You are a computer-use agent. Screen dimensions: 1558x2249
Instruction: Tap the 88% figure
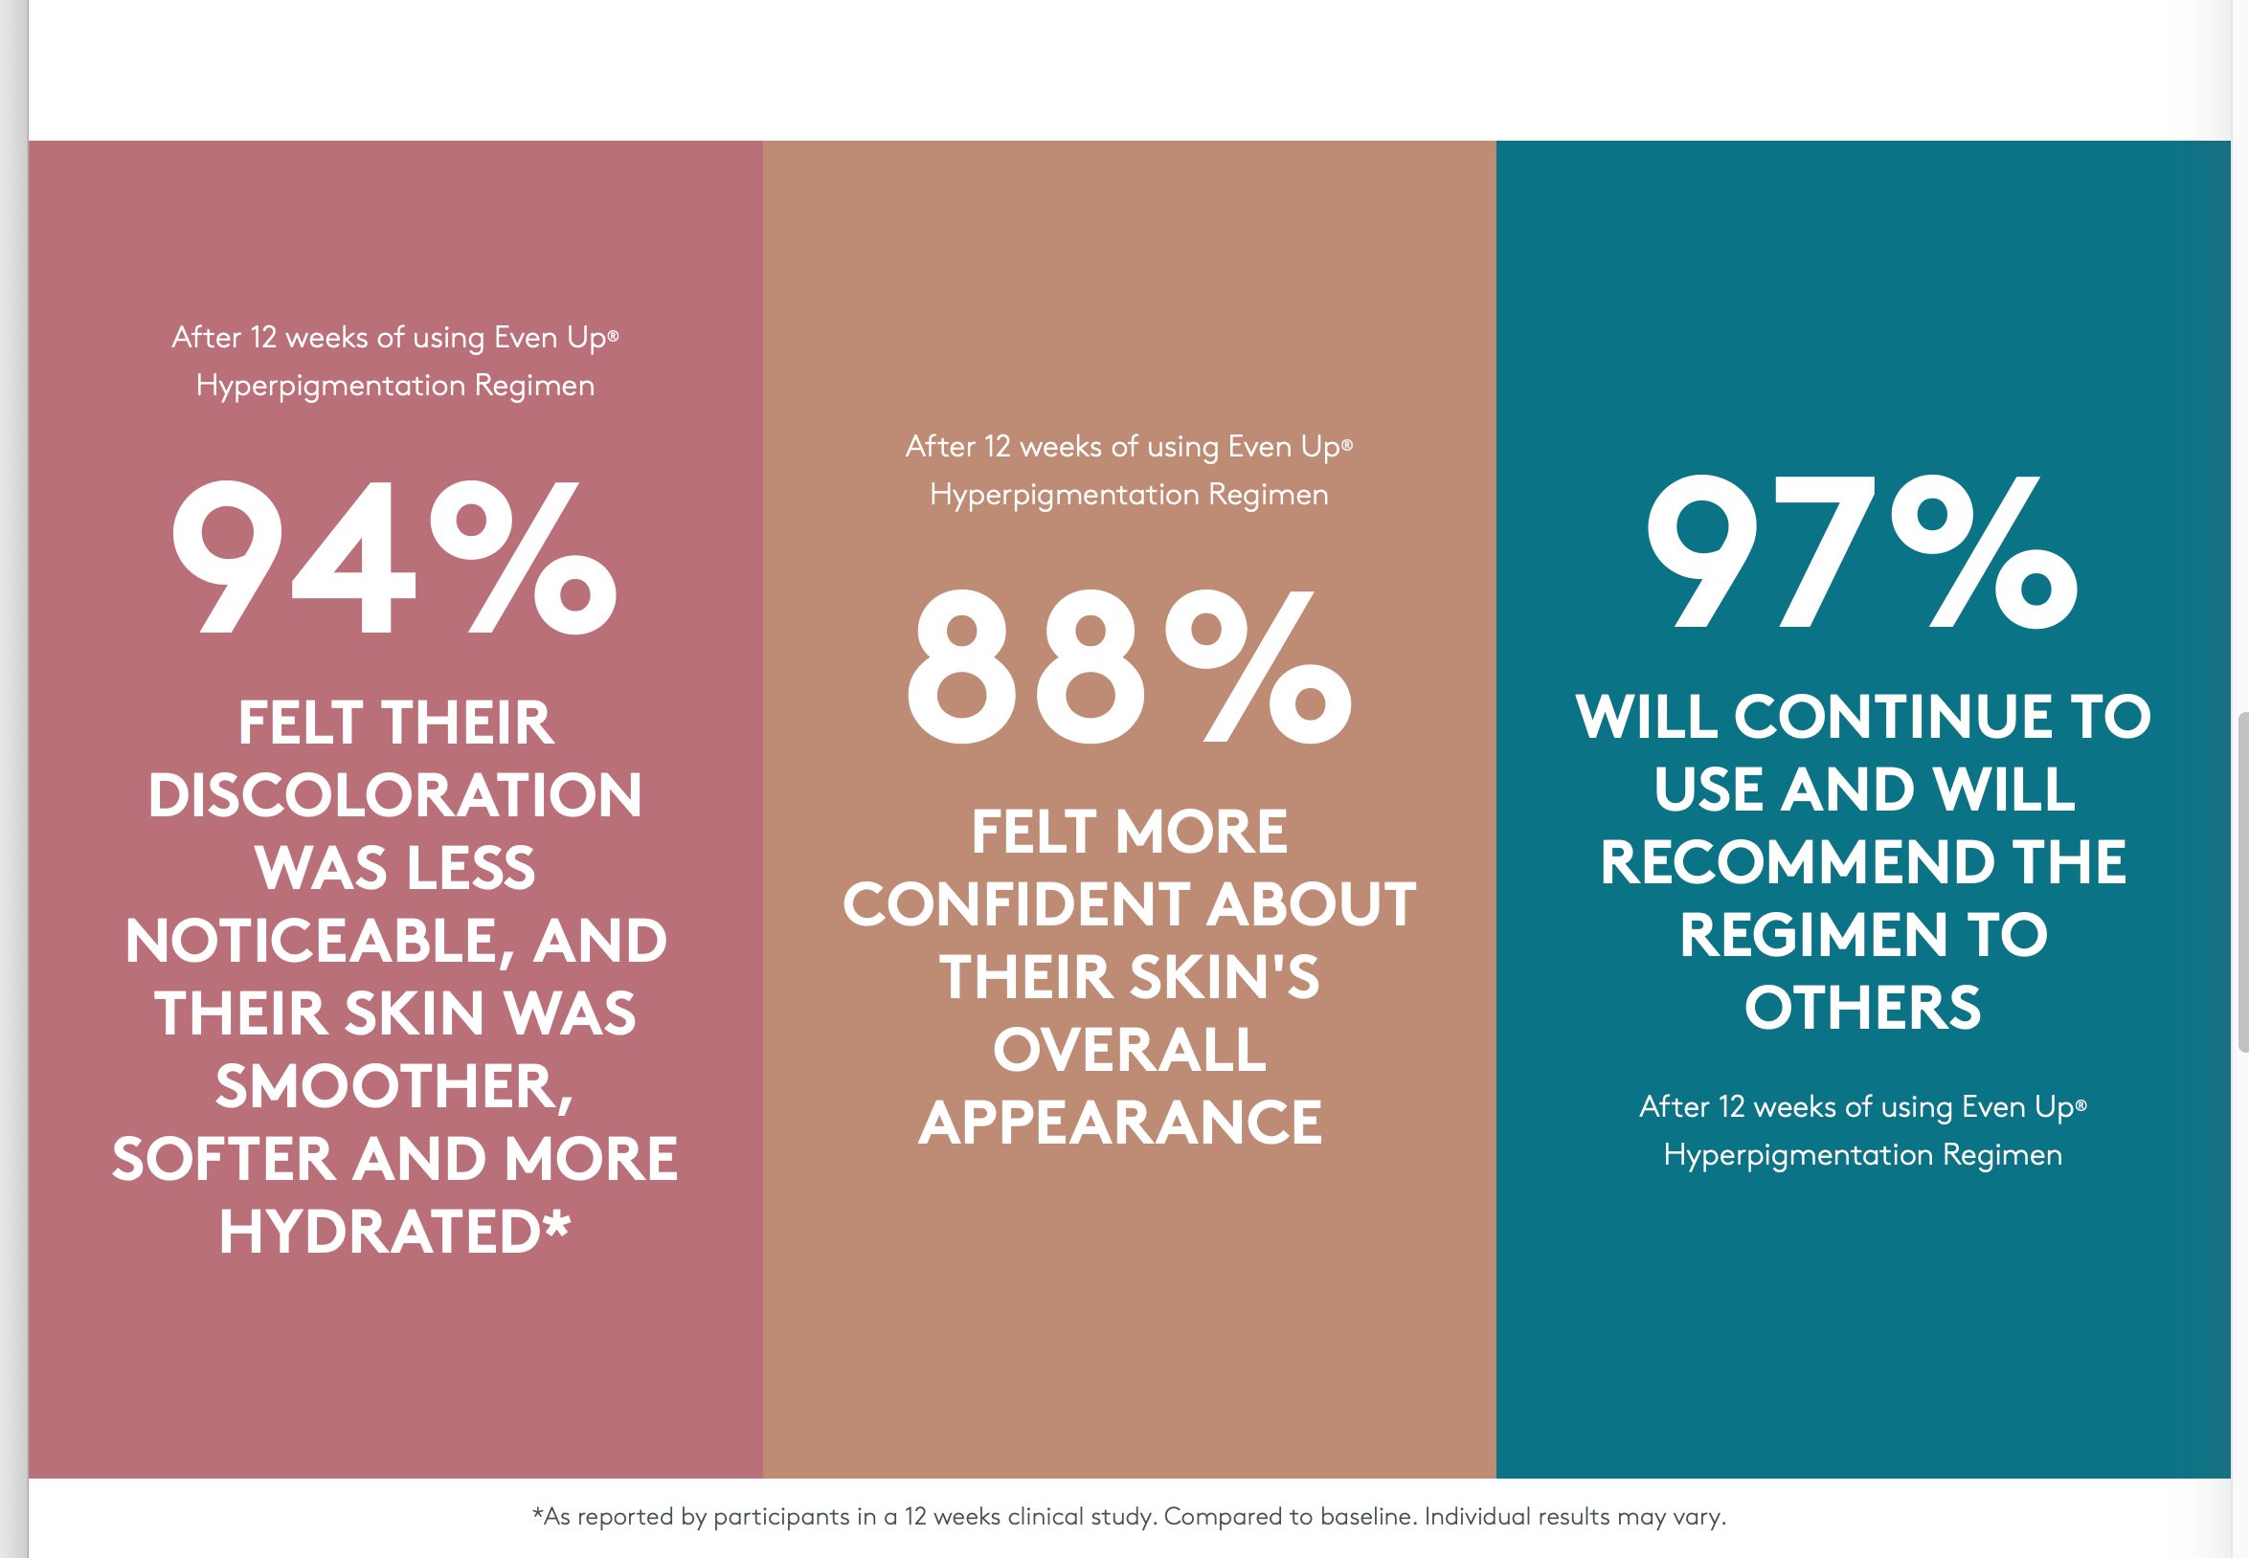1129,668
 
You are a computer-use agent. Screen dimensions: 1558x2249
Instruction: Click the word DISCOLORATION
395,794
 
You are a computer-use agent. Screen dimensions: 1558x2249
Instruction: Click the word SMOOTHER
391,1086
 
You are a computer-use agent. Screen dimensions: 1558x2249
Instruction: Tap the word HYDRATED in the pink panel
380,1232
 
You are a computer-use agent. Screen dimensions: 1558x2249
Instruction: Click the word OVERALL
1129,1051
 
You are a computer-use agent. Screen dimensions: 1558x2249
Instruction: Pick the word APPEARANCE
1120,1123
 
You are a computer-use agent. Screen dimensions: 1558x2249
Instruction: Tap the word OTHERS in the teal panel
1862,1009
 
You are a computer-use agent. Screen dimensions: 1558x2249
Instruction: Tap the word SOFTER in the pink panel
224,1160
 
